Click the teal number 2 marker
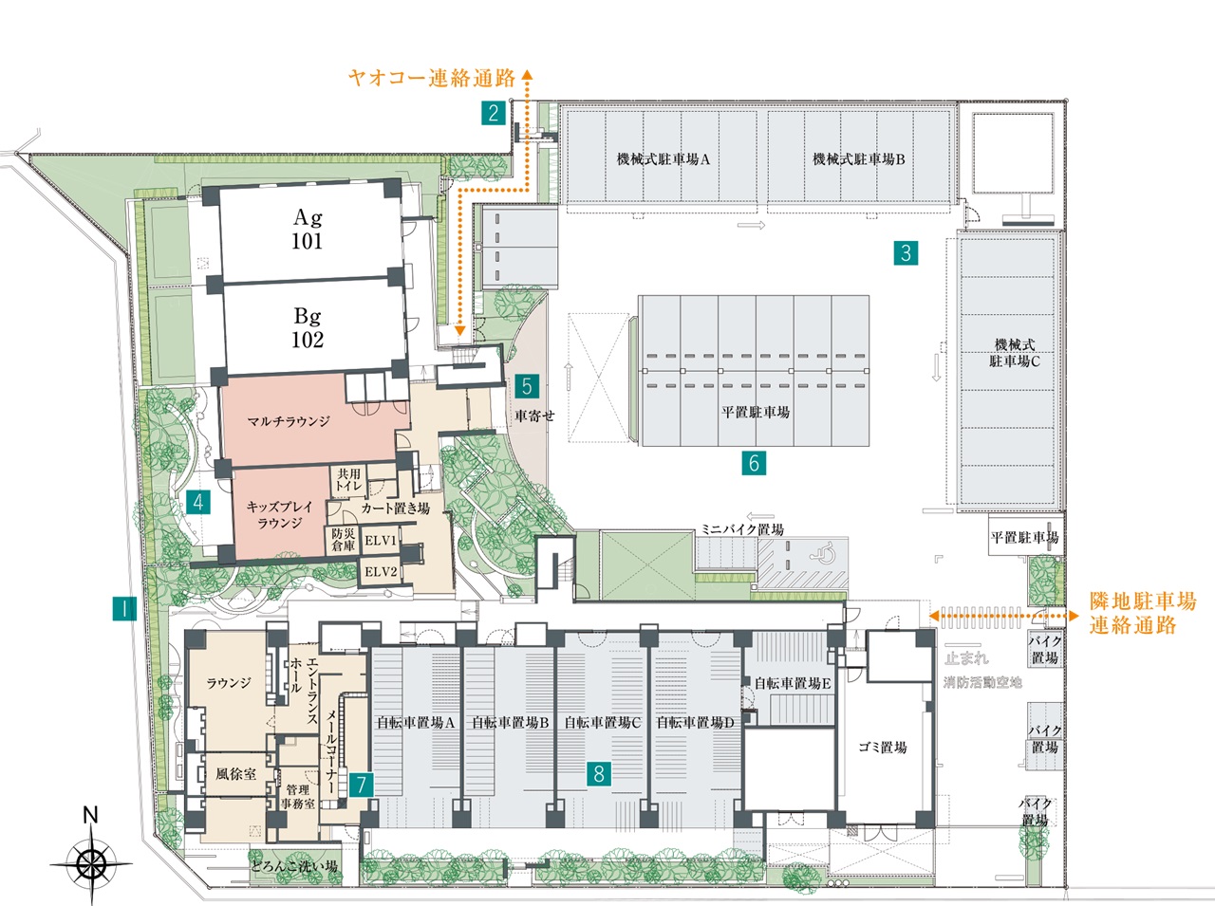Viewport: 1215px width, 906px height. click(494, 113)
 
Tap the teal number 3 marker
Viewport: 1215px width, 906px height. click(906, 252)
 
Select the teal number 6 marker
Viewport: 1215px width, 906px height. click(754, 463)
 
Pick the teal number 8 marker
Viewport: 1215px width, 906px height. click(599, 773)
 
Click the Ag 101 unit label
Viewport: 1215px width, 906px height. click(308, 229)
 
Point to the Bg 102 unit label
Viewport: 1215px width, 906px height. click(308, 327)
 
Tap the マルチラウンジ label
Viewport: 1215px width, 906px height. click(289, 421)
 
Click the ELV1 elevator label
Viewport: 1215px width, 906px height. click(381, 541)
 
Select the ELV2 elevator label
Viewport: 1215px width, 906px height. click(381, 571)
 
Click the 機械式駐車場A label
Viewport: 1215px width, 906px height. click(664, 159)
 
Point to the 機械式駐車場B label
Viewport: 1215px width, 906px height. click(858, 159)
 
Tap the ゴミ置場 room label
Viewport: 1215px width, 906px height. click(883, 748)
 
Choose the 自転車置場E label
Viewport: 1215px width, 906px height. click(793, 684)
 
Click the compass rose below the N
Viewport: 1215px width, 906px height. click(91, 863)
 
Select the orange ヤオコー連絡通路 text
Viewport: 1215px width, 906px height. click(432, 78)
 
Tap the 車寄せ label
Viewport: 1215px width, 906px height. click(534, 416)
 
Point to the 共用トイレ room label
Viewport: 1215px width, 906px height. click(349, 479)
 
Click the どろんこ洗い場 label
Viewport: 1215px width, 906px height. click(293, 866)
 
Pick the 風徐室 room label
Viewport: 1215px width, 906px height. click(235, 774)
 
